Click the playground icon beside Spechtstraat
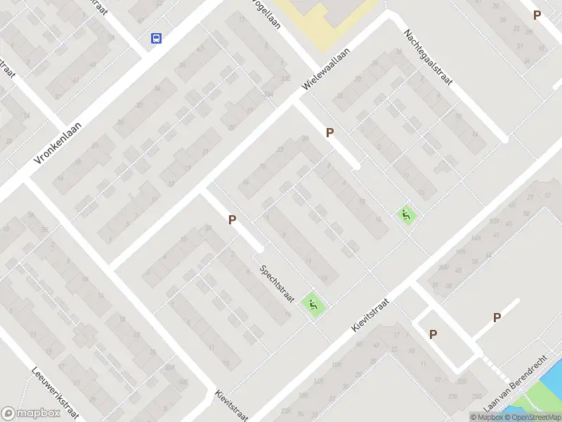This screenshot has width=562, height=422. (313, 305)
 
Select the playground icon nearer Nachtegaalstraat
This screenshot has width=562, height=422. (405, 215)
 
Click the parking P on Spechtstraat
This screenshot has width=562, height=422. (232, 220)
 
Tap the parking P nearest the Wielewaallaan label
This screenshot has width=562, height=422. (329, 132)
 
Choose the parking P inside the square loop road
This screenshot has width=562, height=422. (433, 335)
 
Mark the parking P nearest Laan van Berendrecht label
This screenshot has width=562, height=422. (497, 318)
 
